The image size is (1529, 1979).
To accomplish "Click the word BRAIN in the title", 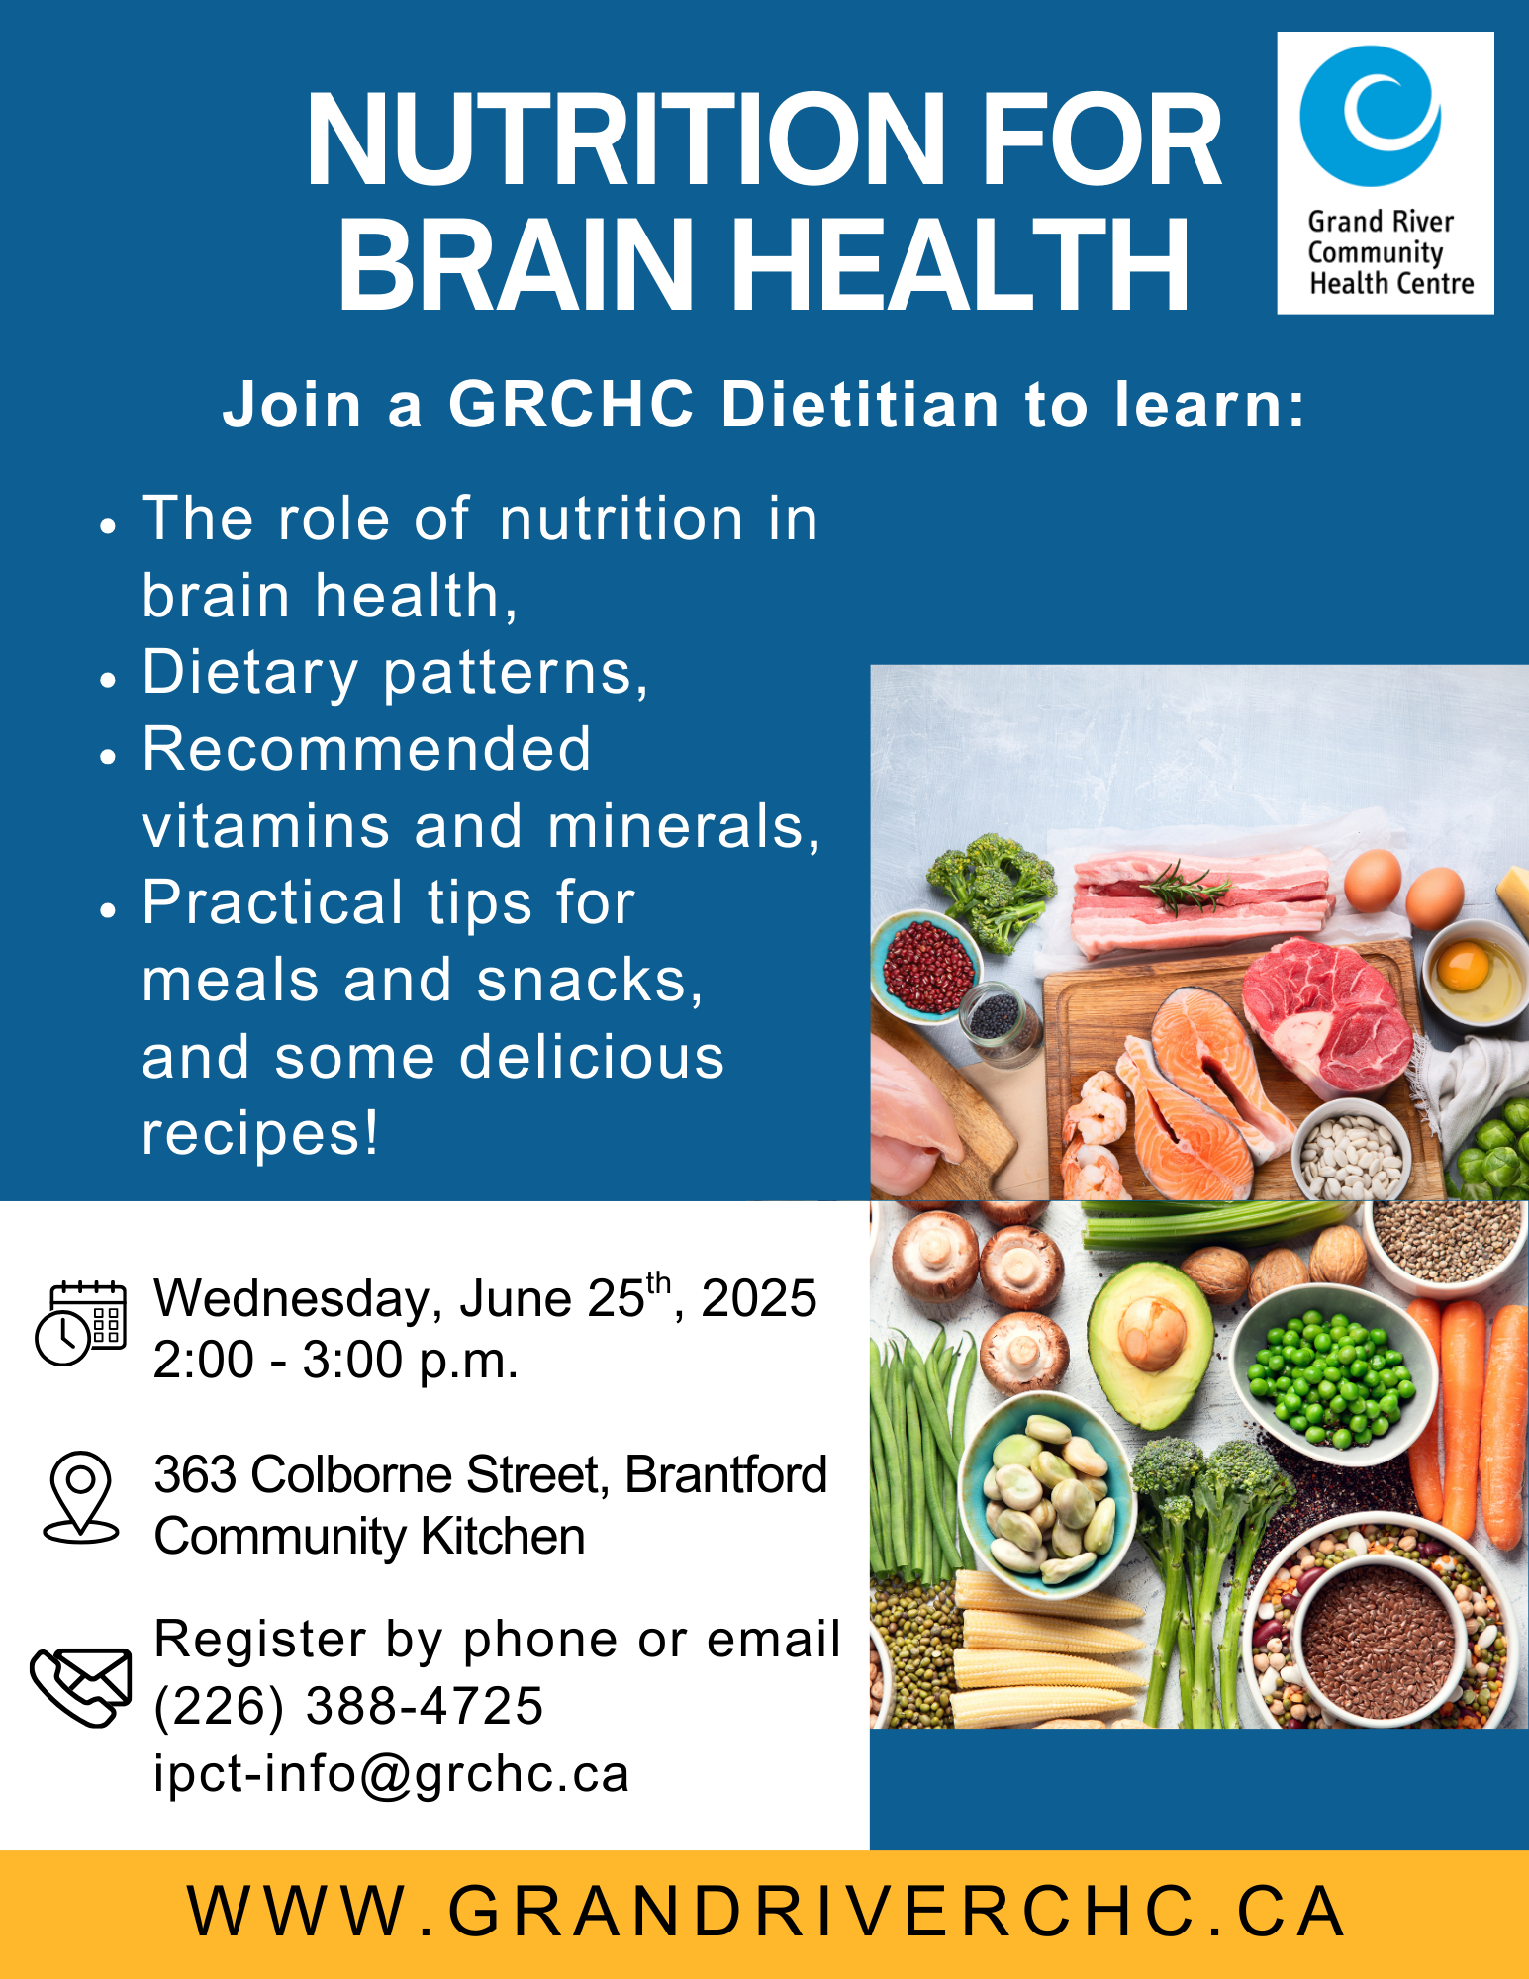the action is (515, 264).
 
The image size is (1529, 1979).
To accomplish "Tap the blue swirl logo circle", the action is (1371, 116).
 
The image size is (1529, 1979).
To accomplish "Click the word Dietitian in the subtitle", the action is (860, 405).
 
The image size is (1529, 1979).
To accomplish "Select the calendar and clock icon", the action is (81, 1324).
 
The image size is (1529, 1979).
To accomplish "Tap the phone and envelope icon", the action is (81, 1687).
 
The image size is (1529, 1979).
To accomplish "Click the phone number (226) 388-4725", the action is (348, 1705).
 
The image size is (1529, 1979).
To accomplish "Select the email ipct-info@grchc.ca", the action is (391, 1773).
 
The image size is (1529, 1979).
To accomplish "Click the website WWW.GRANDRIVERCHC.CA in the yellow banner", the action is (765, 1911).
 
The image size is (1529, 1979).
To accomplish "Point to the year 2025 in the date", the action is (759, 1298).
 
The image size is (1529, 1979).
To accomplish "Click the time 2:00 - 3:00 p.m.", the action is (335, 1361).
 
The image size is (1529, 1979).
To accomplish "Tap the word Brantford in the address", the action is (725, 1474).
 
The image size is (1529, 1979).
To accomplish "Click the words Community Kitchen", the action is (369, 1537).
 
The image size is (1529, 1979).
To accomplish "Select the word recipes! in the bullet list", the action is (260, 1133).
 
